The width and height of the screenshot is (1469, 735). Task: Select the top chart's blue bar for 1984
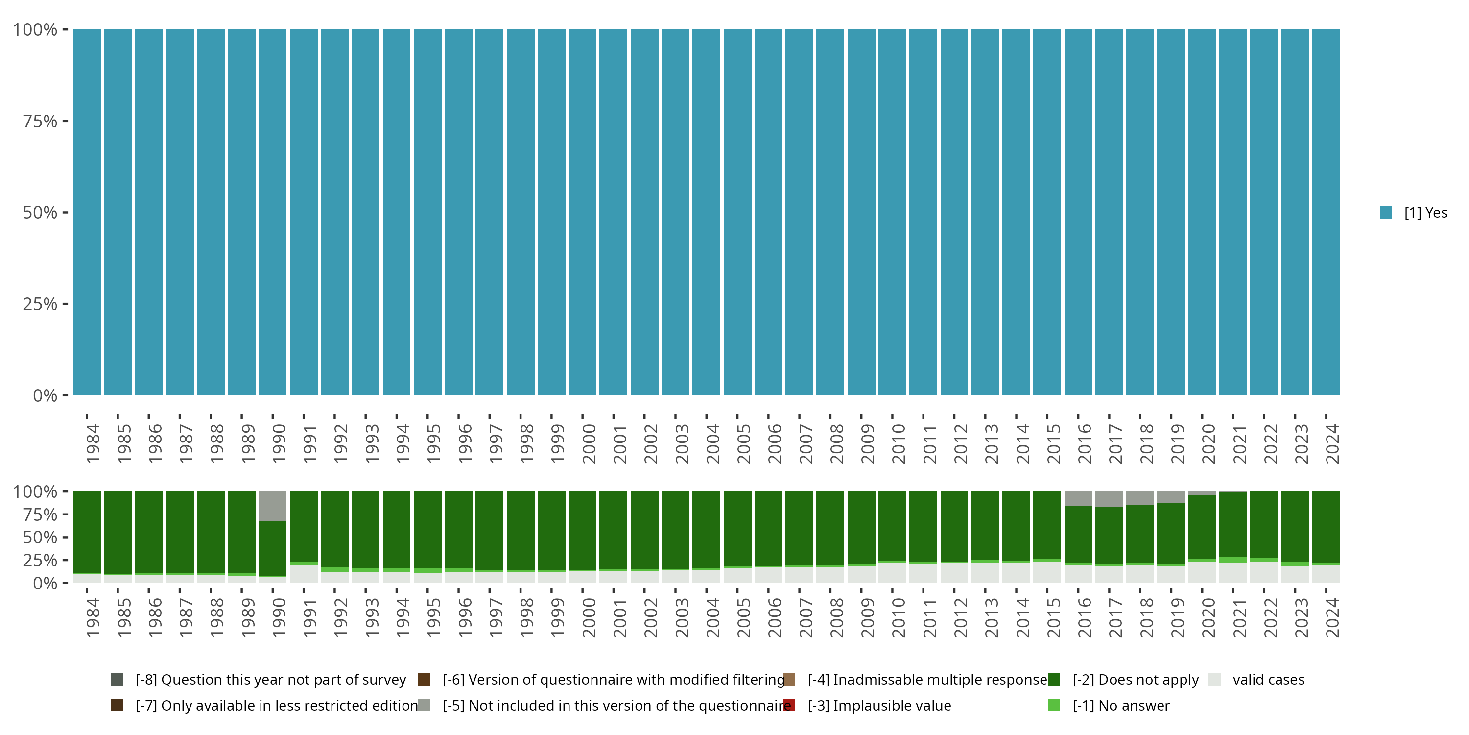(x=87, y=212)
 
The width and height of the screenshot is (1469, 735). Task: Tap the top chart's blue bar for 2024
(x=1326, y=212)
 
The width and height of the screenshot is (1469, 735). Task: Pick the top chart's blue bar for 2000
(x=582, y=212)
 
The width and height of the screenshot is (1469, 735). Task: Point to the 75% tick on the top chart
(x=41, y=121)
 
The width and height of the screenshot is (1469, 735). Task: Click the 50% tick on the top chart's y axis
(x=41, y=213)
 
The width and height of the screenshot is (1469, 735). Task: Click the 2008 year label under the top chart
(x=836, y=443)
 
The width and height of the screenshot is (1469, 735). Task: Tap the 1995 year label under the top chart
(x=433, y=443)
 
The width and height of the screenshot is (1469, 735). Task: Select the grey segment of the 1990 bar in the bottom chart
(x=273, y=506)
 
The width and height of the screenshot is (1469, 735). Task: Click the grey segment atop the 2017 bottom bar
(x=1109, y=499)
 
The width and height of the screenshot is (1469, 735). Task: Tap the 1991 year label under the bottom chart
(x=309, y=617)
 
